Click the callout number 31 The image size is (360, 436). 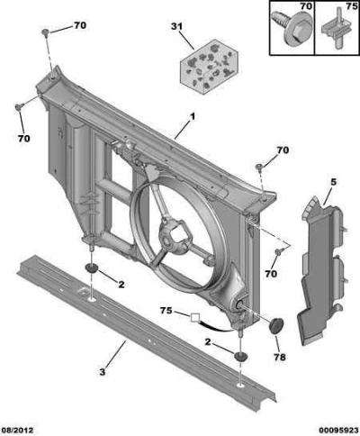(176, 26)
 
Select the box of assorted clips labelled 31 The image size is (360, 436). (209, 66)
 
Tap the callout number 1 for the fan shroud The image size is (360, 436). (193, 116)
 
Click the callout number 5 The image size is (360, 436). (334, 182)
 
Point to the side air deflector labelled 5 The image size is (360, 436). (322, 270)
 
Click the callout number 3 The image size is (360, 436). (103, 372)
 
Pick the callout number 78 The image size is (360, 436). (280, 357)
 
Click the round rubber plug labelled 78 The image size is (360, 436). (276, 325)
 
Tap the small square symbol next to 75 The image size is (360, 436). (195, 318)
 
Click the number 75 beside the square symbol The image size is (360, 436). (166, 310)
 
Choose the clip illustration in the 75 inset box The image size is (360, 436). (334, 29)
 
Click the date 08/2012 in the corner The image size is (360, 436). (17, 431)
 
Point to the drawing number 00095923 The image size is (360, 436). (338, 431)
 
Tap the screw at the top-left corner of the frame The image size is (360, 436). (45, 32)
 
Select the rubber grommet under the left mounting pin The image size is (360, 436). (92, 268)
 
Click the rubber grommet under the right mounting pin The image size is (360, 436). (240, 357)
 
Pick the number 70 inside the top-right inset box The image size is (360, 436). (306, 6)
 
